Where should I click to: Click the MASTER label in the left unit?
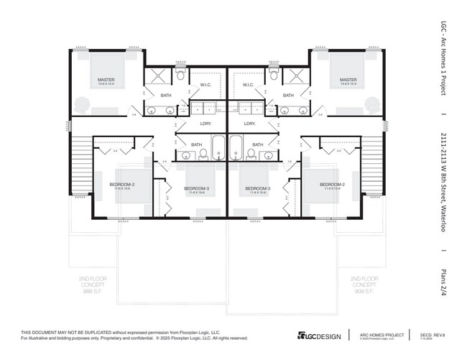106,80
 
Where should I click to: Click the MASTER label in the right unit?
348,80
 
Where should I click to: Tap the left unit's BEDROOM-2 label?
122,185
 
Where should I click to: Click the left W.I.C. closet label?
205,85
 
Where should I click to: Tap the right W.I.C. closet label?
249,85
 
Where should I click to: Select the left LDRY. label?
205,124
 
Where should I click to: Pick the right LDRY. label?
250,124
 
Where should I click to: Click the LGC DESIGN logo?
319,336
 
